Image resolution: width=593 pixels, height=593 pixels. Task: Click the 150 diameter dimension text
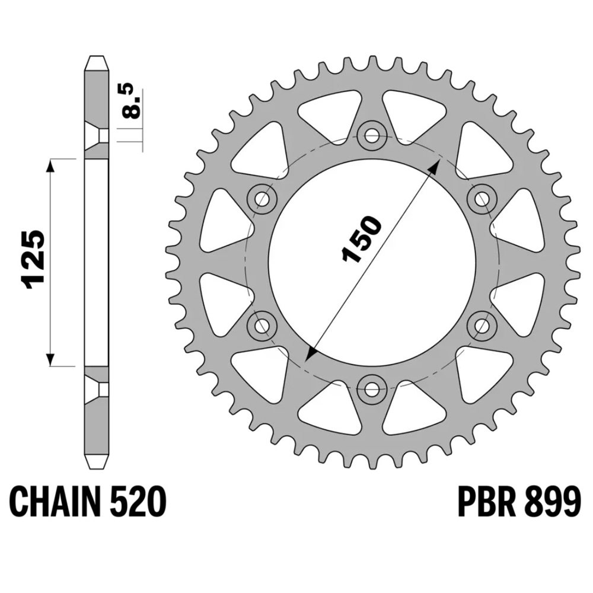[x=361, y=239]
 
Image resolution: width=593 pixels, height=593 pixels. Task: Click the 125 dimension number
[x=33, y=259]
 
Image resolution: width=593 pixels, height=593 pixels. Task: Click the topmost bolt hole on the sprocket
[x=372, y=134]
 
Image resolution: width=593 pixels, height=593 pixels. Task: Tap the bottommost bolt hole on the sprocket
[x=372, y=388]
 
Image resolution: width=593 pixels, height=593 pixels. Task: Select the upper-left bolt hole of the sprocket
[x=262, y=198]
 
